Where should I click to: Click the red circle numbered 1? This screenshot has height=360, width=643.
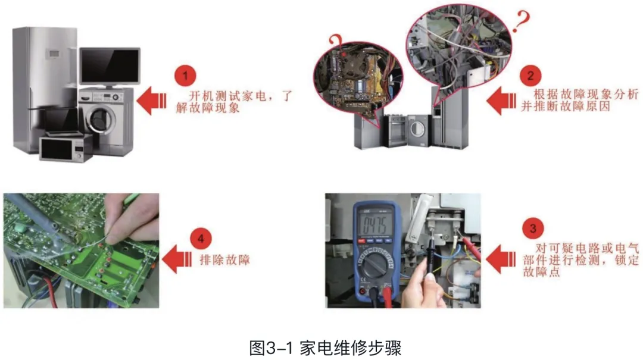pos(185,76)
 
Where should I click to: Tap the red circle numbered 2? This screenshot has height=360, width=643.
pos(530,76)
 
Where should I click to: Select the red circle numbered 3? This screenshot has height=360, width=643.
pos(533,228)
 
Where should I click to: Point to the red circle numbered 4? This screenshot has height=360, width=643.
pos(201,238)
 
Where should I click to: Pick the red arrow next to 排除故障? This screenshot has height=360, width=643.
pos(177,259)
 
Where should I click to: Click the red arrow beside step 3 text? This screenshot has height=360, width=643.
pos(501,259)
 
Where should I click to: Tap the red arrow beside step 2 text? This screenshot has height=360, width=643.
pos(501,101)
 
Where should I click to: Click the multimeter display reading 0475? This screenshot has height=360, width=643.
pos(373,225)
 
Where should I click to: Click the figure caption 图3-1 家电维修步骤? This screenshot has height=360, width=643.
pos(325,348)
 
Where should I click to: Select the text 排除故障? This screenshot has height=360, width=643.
pos(225,260)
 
